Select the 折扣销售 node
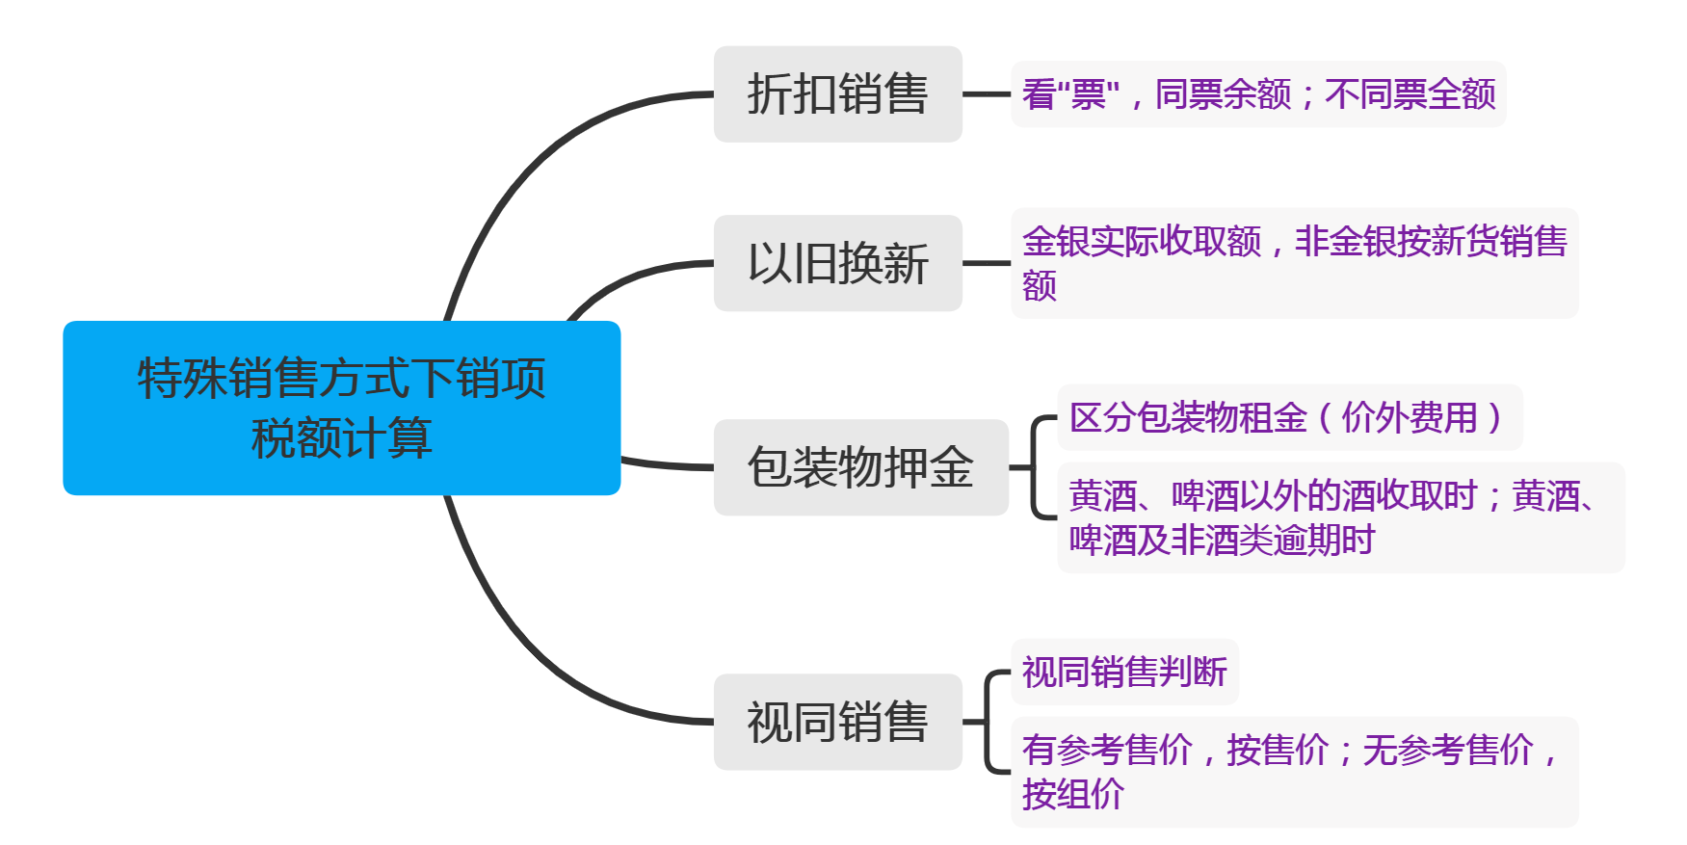point(837,94)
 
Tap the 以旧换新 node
point(837,263)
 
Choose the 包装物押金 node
point(860,467)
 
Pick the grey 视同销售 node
point(837,722)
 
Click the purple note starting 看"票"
point(1257,94)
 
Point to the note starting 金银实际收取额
point(1294,263)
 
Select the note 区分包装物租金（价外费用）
point(1289,417)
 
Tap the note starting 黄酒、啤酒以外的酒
point(1340,517)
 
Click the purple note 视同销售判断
point(1124,672)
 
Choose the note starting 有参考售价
point(1294,772)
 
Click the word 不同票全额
point(1410,94)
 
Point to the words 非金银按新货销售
point(1431,241)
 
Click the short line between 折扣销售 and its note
point(986,94)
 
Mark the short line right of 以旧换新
point(986,263)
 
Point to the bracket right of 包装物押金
point(1034,467)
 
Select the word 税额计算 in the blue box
point(341,438)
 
